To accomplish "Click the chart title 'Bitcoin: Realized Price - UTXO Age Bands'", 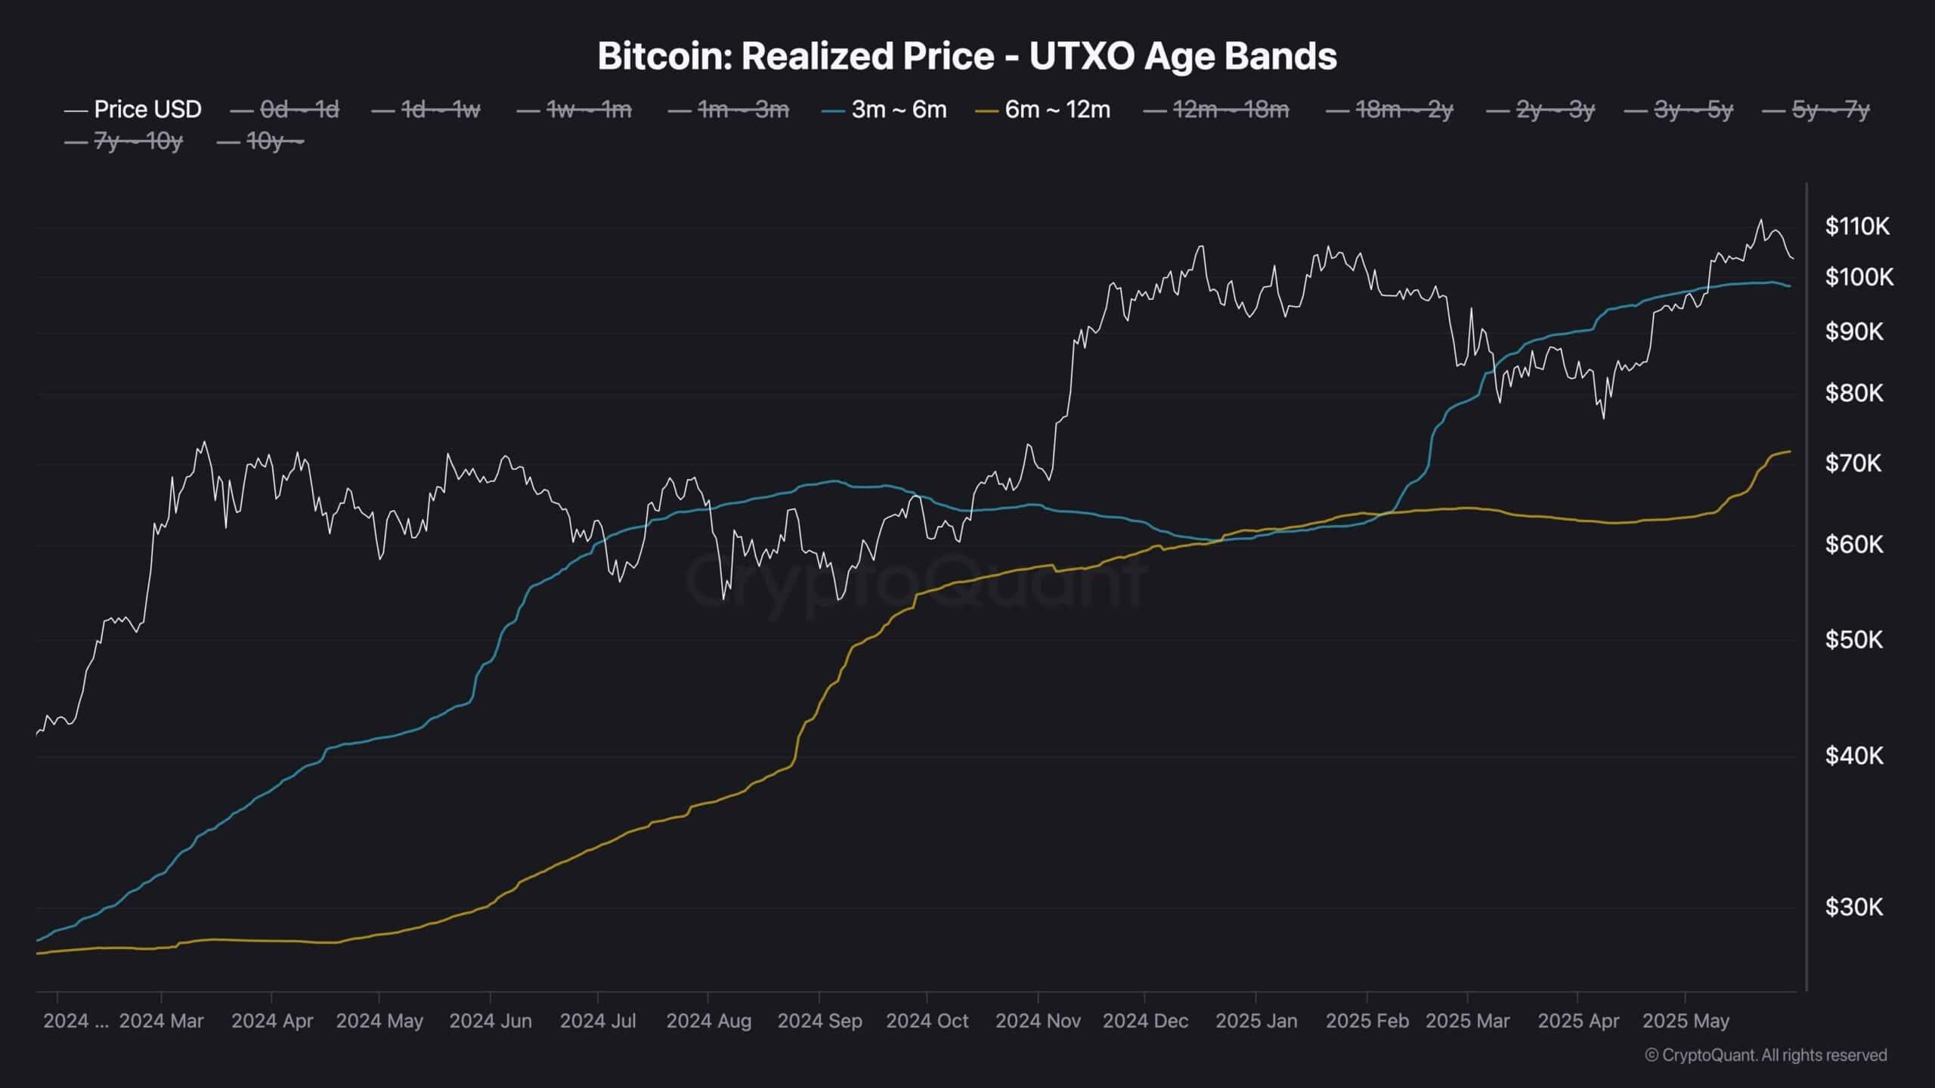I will (x=967, y=57).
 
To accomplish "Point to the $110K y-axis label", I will (x=1857, y=226).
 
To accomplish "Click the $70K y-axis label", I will (x=1853, y=462).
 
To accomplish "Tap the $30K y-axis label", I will (x=1853, y=907).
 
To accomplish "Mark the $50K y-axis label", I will (x=1853, y=640).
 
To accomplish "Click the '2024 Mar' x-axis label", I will (x=162, y=1021).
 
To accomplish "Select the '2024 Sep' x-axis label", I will (x=819, y=1021).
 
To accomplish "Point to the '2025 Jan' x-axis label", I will (x=1256, y=1021).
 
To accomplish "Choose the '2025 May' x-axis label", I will (x=1686, y=1021).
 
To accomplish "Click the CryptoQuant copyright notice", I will (x=1766, y=1055).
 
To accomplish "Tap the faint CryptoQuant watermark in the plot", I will (x=915, y=582).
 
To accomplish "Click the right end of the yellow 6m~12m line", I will (x=1790, y=452).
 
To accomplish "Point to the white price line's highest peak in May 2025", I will (x=1760, y=220).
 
